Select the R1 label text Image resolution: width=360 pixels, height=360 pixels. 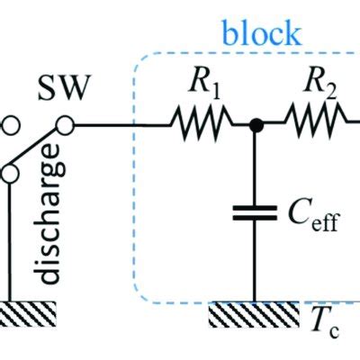[202, 89]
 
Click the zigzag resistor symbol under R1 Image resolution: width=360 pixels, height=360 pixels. [203, 127]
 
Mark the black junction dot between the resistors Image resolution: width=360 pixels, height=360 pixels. [256, 127]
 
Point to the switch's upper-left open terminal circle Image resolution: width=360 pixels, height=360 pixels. [4, 125]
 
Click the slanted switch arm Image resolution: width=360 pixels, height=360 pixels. [36, 148]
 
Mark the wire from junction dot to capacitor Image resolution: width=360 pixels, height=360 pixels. [256, 166]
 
